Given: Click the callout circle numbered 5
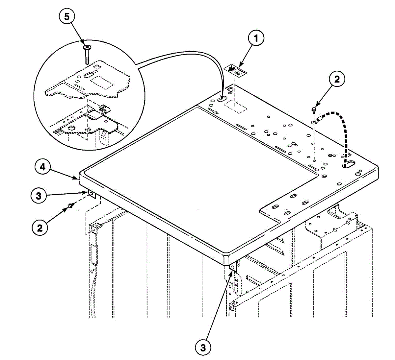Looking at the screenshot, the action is click(x=67, y=16).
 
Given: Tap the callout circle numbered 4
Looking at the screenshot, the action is click(x=43, y=167).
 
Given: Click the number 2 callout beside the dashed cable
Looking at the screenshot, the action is click(x=337, y=79).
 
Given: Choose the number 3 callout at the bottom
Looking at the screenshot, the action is click(x=203, y=348).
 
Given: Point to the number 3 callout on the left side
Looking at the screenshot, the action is click(x=39, y=196).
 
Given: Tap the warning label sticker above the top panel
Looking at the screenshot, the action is click(x=235, y=71).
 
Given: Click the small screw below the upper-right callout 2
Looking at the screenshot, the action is click(x=314, y=109).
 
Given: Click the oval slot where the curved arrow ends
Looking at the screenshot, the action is click(x=222, y=99).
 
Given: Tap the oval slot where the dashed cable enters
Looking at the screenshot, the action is click(x=349, y=164).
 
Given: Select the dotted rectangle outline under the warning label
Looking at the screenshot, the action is click(x=235, y=107).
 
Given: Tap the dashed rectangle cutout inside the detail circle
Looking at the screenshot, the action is click(x=102, y=82).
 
